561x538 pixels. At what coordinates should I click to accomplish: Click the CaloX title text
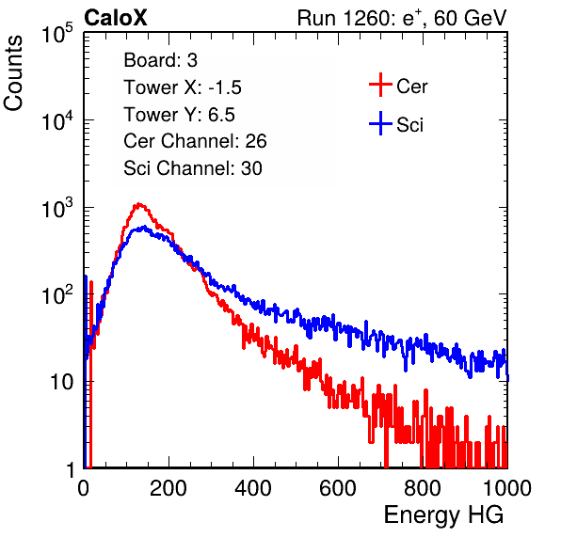(x=116, y=18)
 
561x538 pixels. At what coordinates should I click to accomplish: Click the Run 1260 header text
(x=402, y=18)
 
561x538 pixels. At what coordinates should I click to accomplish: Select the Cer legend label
(x=411, y=87)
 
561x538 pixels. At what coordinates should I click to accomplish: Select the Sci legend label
(x=409, y=125)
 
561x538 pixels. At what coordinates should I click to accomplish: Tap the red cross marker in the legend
(x=380, y=85)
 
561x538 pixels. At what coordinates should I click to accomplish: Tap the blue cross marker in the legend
(x=380, y=123)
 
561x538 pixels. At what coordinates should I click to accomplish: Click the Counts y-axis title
(x=13, y=73)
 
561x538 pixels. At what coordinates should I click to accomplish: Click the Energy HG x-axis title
(x=443, y=514)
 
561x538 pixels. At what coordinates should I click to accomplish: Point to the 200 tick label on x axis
(x=168, y=488)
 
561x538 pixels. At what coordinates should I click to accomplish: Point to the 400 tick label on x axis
(x=253, y=488)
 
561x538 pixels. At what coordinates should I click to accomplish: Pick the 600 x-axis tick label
(x=338, y=488)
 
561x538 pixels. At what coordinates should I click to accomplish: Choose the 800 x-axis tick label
(x=423, y=488)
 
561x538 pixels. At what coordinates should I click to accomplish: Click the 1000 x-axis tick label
(x=507, y=488)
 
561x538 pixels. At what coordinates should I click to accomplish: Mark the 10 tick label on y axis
(x=62, y=382)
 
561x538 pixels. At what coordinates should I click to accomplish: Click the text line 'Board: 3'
(x=160, y=60)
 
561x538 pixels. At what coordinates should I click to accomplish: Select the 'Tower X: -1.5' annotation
(x=183, y=87)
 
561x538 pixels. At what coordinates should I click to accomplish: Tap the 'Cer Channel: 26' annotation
(x=195, y=141)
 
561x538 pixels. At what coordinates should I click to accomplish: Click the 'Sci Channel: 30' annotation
(x=193, y=168)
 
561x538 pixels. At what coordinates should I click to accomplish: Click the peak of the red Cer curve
(x=139, y=204)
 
